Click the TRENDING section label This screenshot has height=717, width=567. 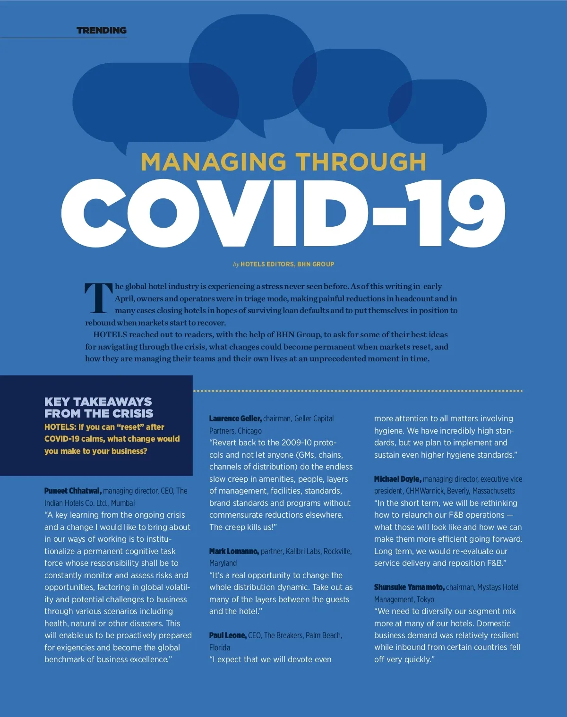coord(101,30)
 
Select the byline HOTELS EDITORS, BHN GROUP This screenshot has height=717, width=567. coord(287,264)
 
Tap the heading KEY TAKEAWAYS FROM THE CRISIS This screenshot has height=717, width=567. coord(99,407)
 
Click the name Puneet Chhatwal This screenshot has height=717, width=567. coord(73,491)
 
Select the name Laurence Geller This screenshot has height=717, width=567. coord(235,418)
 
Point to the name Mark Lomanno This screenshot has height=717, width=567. coord(234,551)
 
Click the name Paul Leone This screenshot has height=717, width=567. coord(228,635)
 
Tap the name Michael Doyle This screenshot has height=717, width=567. coord(397,479)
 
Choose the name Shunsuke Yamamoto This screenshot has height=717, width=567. coord(409,587)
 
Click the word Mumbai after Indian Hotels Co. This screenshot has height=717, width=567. coord(123,503)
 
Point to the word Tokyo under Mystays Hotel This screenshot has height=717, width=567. coord(425,599)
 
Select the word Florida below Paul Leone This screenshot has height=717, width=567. coord(220,648)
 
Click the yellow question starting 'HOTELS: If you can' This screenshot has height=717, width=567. coord(112,439)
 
